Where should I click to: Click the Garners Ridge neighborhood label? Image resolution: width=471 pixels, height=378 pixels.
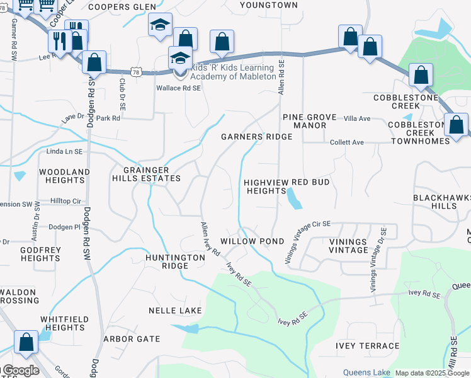pos(256,137)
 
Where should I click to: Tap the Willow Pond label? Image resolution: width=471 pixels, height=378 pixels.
pos(248,241)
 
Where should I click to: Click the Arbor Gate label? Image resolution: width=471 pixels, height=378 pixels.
pos(132,339)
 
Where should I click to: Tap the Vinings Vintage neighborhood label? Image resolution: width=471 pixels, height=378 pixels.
pos(348,246)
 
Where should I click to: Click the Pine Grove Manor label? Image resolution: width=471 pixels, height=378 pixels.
pos(304,121)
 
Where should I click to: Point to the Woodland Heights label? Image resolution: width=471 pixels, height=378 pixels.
pos(64,176)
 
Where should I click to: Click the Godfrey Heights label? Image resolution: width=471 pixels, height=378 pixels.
pos(40,254)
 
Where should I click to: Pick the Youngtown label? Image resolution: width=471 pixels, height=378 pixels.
pos(268,5)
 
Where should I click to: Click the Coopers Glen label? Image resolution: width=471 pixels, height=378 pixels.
pos(122,6)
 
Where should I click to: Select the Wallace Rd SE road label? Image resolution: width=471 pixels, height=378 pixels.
pos(178,89)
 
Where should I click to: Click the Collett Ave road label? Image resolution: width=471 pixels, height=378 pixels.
pos(347,143)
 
